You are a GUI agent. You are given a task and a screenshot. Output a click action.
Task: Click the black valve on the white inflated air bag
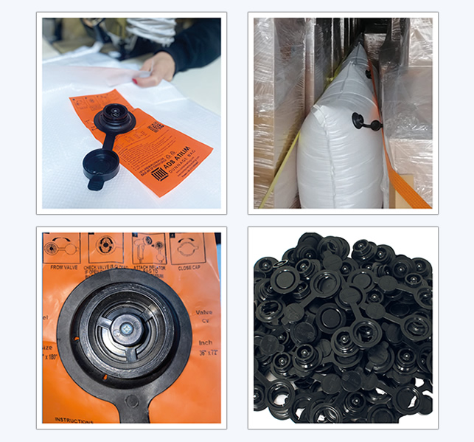tap(359, 119)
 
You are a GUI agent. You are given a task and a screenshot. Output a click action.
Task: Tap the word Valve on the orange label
tap(204, 311)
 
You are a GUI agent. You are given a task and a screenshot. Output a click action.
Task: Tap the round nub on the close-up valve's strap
tap(130, 401)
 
